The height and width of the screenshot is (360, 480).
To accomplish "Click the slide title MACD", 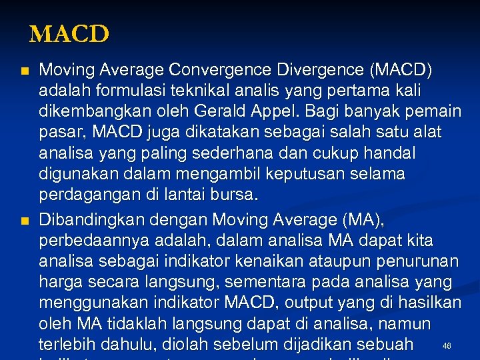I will coord(69,34).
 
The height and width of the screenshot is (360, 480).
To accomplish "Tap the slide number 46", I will coord(447,346).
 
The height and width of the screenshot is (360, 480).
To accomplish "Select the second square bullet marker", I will coord(25,221).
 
